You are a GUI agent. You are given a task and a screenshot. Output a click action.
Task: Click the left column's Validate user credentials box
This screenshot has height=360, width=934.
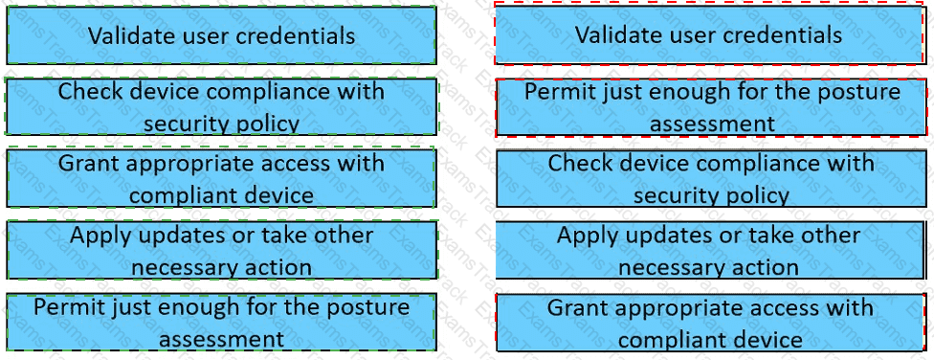click(221, 35)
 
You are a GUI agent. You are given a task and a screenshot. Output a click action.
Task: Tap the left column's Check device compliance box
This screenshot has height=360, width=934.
click(221, 106)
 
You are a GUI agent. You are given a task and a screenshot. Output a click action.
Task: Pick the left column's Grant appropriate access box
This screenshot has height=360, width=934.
click(221, 178)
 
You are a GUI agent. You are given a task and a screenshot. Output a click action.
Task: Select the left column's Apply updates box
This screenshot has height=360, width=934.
click(221, 250)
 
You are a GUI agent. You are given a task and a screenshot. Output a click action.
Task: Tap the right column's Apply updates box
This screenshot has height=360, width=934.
click(709, 250)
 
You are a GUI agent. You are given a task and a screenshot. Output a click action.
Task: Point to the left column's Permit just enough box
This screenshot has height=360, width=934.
click(221, 322)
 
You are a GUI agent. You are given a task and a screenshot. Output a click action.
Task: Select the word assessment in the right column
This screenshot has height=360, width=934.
click(712, 124)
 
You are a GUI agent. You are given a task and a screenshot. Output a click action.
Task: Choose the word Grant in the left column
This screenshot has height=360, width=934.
click(89, 164)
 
